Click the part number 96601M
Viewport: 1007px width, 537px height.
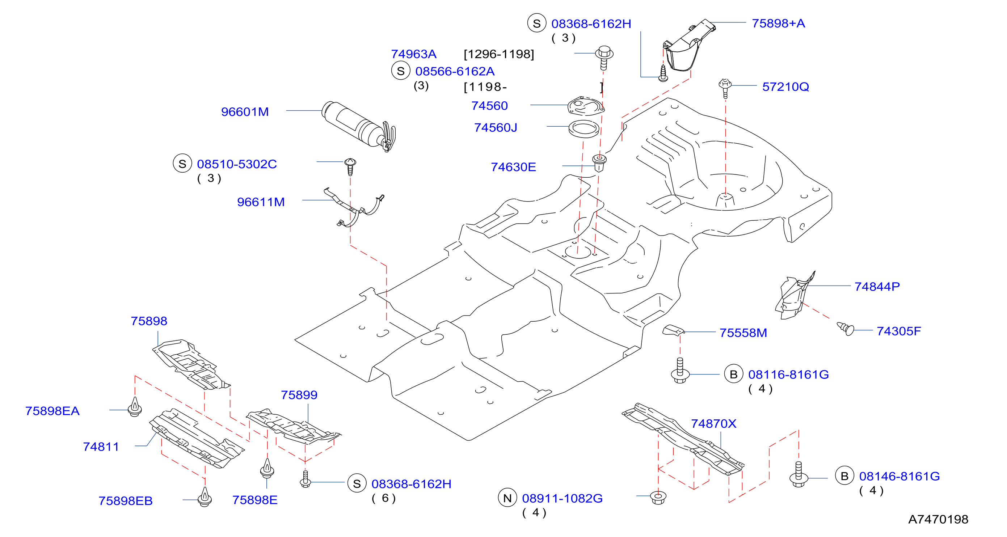pos(245,112)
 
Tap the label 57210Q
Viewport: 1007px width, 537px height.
pos(785,87)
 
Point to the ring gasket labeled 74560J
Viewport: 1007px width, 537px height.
pos(583,129)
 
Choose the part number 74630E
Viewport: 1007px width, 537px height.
pos(513,167)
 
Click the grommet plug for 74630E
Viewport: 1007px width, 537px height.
pos(599,162)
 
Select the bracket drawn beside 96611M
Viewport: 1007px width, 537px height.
pos(354,207)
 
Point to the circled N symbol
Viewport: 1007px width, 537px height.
pos(507,498)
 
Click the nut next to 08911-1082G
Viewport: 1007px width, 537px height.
pos(658,498)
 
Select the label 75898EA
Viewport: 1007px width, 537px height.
pos(52,411)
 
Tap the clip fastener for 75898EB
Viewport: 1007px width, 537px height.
pos(205,497)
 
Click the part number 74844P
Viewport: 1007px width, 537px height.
pos(877,287)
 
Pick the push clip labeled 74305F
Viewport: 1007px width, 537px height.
pos(845,328)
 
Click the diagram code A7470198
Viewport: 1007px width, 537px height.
pos(938,519)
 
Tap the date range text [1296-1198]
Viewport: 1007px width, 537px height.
pos(499,54)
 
